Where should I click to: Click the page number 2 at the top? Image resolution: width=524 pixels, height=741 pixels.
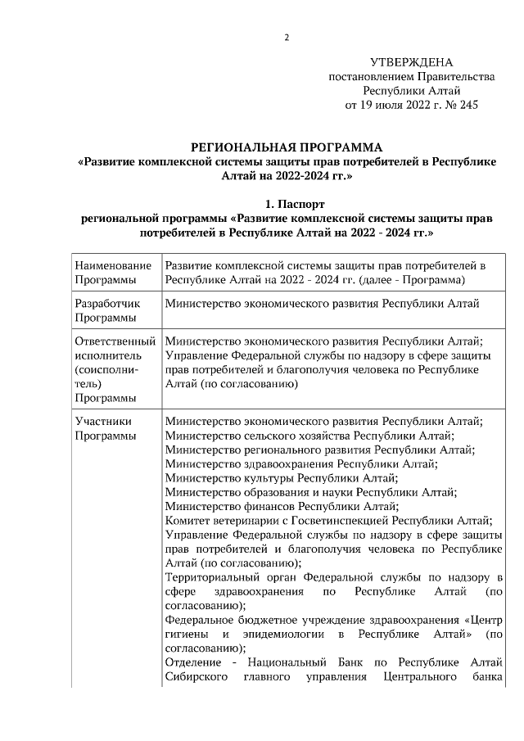tap(287, 38)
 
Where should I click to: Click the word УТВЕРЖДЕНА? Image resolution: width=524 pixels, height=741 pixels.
tap(411, 62)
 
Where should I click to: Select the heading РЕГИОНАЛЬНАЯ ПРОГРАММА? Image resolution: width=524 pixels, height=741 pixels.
tap(286, 147)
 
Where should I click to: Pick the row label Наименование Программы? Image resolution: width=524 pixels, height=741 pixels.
tap(113, 273)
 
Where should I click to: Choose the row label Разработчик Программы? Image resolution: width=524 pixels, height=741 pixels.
tap(107, 311)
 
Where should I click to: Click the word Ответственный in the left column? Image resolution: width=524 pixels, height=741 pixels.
tap(115, 341)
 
